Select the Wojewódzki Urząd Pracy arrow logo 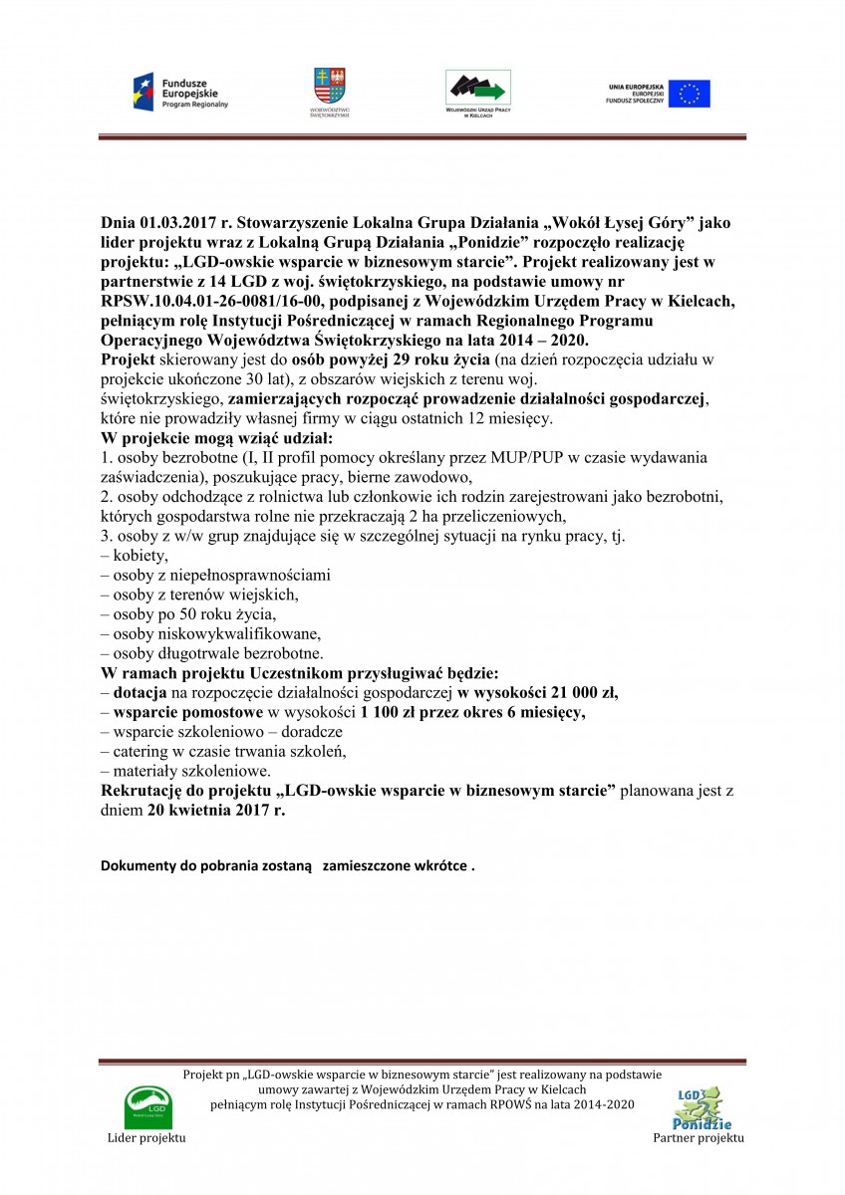pyautogui.click(x=477, y=92)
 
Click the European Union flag pyautogui.click(x=690, y=93)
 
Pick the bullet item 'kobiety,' pyautogui.click(x=139, y=556)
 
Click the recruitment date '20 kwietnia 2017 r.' pyautogui.click(x=216, y=811)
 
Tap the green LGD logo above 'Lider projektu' pyautogui.click(x=147, y=1106)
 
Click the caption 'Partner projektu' pyautogui.click(x=699, y=1137)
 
